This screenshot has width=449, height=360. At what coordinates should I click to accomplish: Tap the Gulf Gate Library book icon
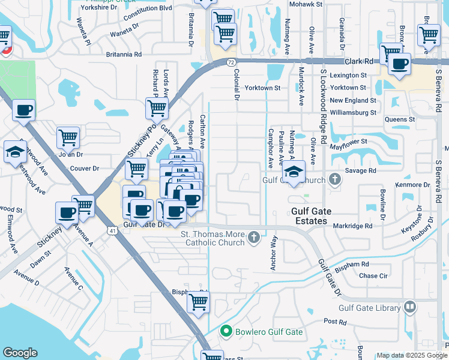410,307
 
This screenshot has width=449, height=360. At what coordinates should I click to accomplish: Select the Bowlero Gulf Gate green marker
226,331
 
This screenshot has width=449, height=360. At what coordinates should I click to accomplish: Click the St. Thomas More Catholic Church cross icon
254,238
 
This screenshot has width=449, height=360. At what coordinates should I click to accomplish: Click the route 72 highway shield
231,61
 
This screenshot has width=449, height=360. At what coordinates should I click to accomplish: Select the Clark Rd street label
359,61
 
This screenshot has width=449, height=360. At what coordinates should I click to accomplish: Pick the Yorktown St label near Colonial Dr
262,88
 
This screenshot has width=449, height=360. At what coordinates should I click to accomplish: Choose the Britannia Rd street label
124,54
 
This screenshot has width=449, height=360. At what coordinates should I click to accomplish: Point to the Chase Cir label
372,275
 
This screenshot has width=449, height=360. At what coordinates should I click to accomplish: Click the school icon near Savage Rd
294,172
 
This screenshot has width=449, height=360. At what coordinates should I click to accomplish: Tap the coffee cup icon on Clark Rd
399,63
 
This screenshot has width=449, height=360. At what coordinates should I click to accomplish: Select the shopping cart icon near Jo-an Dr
68,137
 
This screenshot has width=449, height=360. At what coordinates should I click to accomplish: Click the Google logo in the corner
20,353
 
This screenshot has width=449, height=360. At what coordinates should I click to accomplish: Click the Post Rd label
335,322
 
